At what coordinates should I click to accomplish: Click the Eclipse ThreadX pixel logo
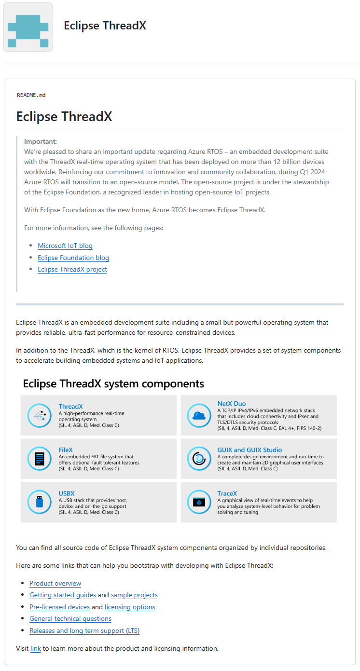pyautogui.click(x=28, y=27)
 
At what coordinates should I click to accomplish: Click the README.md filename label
pyautogui.click(x=31, y=95)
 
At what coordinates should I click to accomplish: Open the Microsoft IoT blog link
pyautogui.click(x=65, y=246)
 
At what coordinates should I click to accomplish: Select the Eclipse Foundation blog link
pyautogui.click(x=73, y=258)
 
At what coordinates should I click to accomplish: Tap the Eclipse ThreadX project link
pyautogui.click(x=72, y=269)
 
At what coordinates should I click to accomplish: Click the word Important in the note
pyautogui.click(x=41, y=141)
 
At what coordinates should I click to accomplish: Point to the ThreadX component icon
pyautogui.click(x=40, y=415)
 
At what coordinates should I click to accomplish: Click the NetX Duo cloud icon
pyautogui.click(x=198, y=415)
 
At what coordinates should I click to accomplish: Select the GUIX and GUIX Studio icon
pyautogui.click(x=198, y=458)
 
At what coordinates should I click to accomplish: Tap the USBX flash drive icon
pyautogui.click(x=40, y=502)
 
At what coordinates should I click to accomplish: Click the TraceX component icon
pyautogui.click(x=198, y=502)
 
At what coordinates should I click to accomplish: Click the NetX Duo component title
pyautogui.click(x=232, y=404)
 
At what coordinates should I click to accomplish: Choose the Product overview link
pyautogui.click(x=55, y=584)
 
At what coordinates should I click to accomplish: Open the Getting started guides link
pyautogui.click(x=63, y=595)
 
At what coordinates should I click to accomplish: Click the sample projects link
pyautogui.click(x=134, y=595)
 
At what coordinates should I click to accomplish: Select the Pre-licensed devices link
pyautogui.click(x=60, y=607)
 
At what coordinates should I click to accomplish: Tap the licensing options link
pyautogui.click(x=130, y=607)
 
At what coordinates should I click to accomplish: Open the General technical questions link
pyautogui.click(x=70, y=618)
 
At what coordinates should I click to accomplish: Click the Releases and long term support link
pyautogui.click(x=84, y=630)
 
